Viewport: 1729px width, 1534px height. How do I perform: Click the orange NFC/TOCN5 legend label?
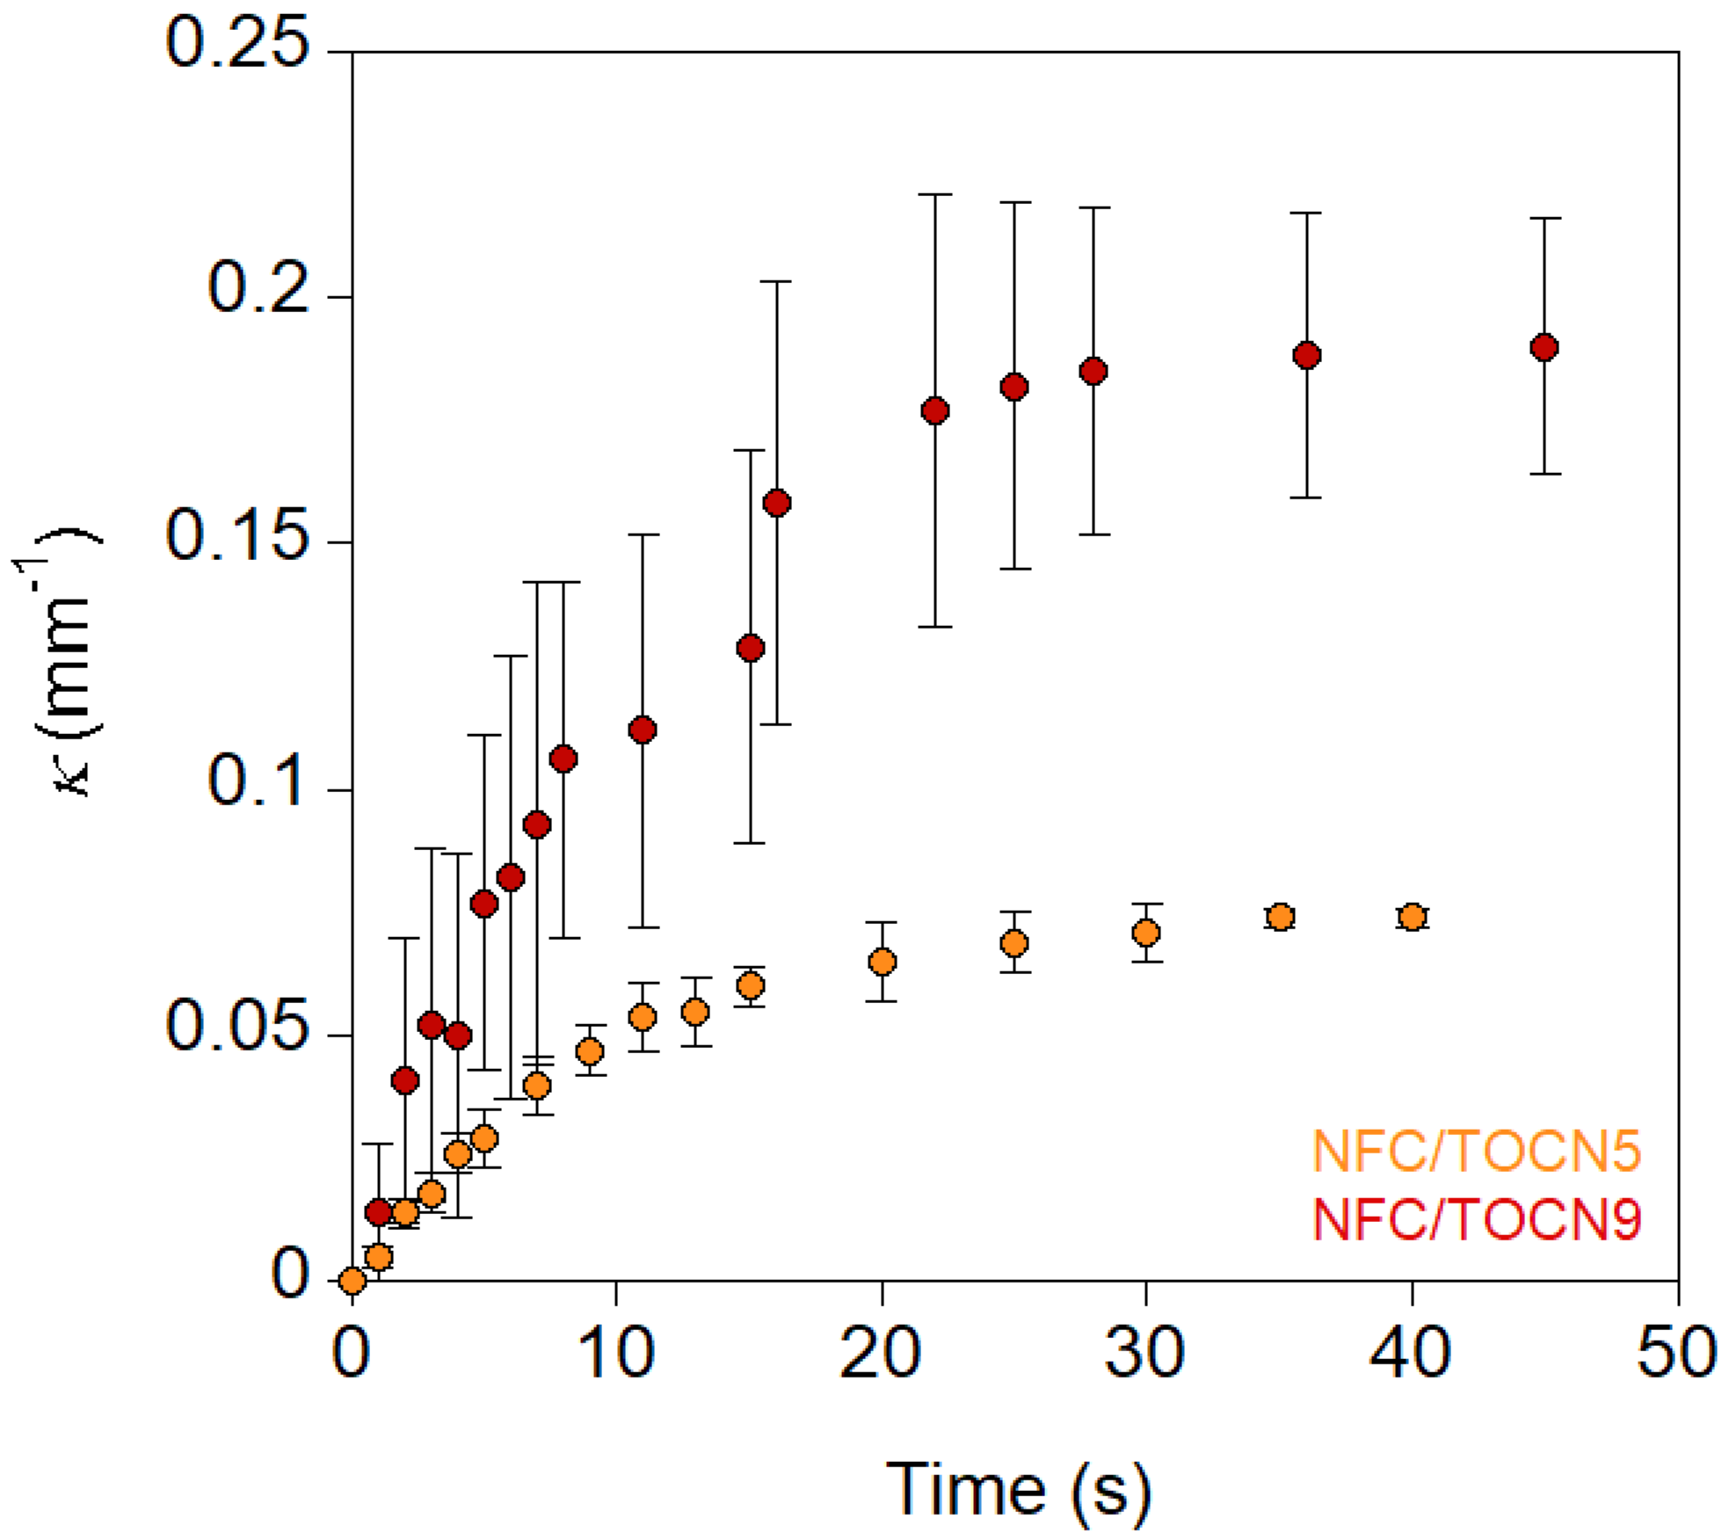pyautogui.click(x=1476, y=1151)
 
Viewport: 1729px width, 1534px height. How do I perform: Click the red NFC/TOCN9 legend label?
pyautogui.click(x=1476, y=1219)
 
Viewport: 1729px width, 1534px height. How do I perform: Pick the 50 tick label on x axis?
pyautogui.click(x=1676, y=1351)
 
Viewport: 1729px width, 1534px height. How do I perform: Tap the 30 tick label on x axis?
pyautogui.click(x=1144, y=1351)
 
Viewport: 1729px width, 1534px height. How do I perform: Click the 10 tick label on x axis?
pyautogui.click(x=616, y=1351)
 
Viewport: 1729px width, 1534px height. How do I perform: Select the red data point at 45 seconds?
pyautogui.click(x=1544, y=347)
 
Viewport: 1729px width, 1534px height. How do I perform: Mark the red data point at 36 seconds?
pyautogui.click(x=1307, y=355)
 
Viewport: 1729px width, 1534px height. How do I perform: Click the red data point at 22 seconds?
pyautogui.click(x=935, y=411)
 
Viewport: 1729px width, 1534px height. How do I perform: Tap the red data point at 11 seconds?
pyautogui.click(x=643, y=730)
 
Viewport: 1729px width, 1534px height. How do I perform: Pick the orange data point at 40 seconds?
pyautogui.click(x=1412, y=917)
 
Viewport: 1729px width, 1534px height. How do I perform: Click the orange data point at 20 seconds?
pyautogui.click(x=882, y=962)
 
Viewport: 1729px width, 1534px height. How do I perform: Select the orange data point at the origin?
pyautogui.click(x=352, y=1281)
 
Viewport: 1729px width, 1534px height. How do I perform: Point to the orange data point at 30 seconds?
pyautogui.click(x=1145, y=933)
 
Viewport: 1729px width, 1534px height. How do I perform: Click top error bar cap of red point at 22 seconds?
pyautogui.click(x=935, y=194)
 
